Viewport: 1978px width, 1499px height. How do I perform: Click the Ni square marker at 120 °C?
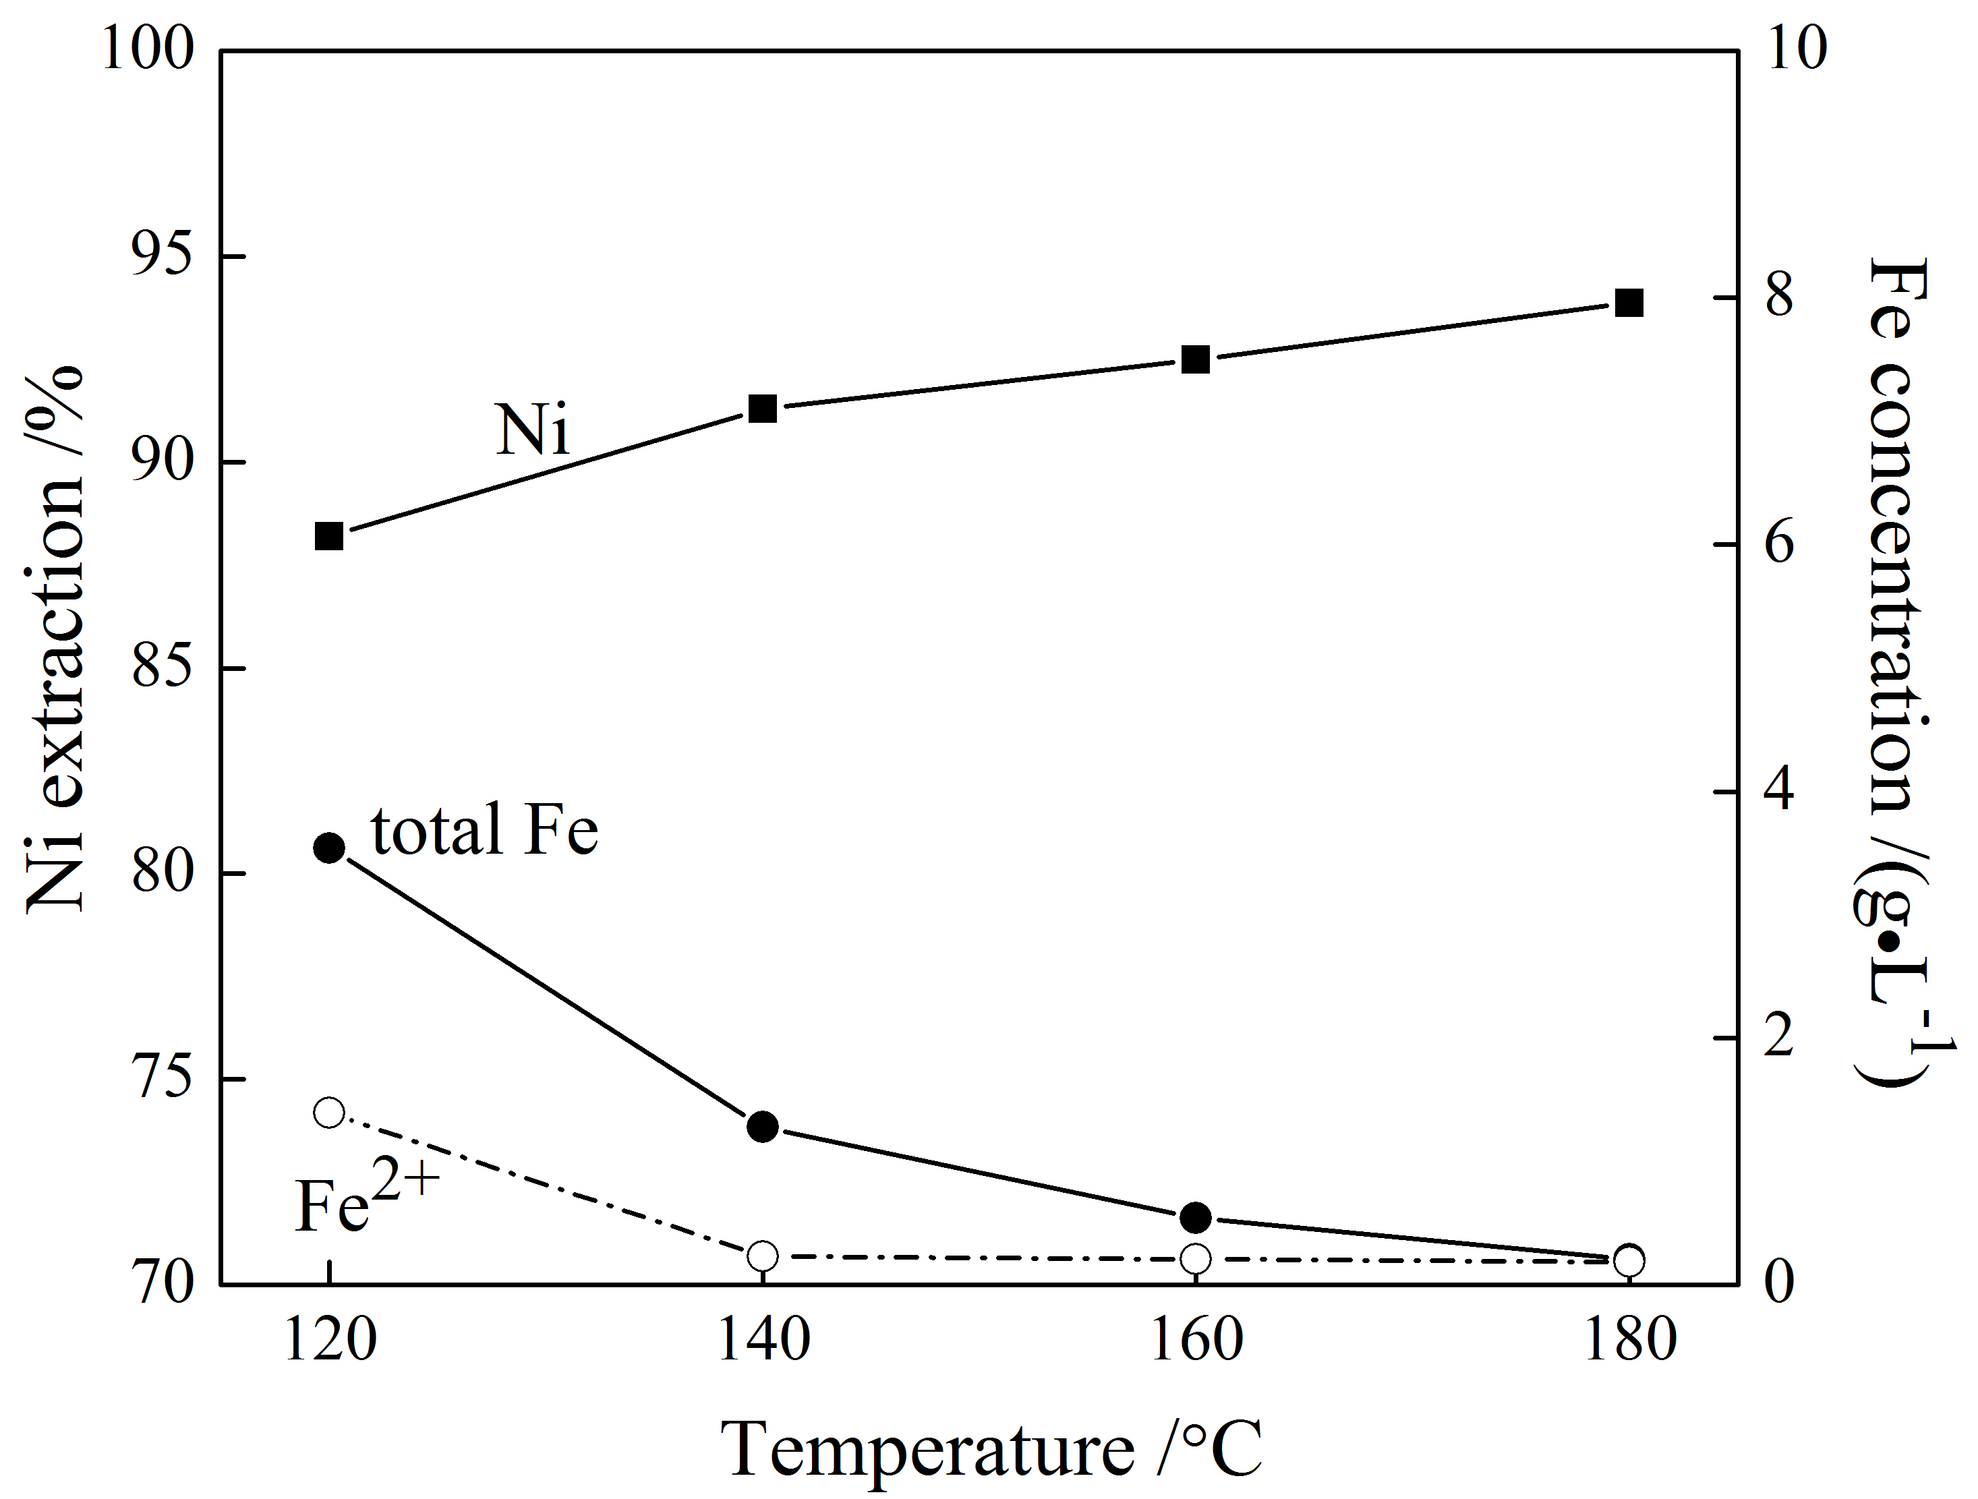click(x=329, y=536)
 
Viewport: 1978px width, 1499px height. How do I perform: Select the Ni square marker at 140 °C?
click(x=763, y=409)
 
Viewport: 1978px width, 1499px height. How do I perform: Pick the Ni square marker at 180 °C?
click(x=1629, y=303)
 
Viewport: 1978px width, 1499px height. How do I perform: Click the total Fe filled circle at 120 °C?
click(x=329, y=848)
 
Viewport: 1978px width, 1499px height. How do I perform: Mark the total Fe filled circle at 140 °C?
click(x=763, y=1126)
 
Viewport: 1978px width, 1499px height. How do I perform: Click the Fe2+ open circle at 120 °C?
click(x=329, y=1113)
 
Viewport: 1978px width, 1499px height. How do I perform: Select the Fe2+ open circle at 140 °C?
click(x=763, y=1256)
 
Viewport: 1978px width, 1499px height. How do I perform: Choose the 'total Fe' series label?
click(x=484, y=829)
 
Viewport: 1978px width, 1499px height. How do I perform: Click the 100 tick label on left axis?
click(x=148, y=50)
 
